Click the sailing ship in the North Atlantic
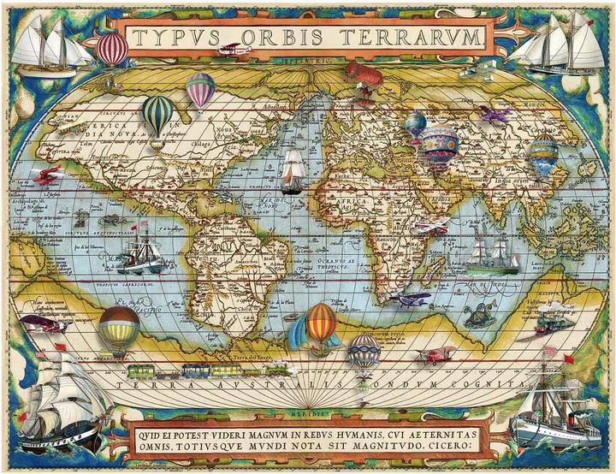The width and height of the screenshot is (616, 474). pyautogui.click(x=293, y=171)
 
